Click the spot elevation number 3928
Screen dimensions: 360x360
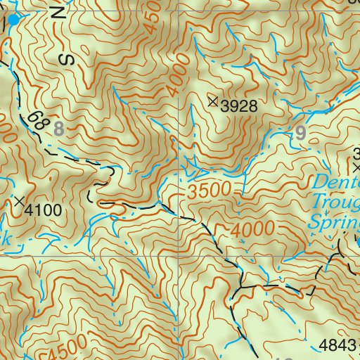[236, 106]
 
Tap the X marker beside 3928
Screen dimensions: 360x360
[213, 102]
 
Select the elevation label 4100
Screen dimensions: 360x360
[43, 210]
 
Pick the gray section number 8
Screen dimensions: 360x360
[58, 129]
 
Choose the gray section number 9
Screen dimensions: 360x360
[302, 131]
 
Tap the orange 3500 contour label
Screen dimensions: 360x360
[210, 191]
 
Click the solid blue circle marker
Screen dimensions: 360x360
[14, 20]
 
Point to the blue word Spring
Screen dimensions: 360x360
[336, 224]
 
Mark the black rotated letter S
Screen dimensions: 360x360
[68, 60]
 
